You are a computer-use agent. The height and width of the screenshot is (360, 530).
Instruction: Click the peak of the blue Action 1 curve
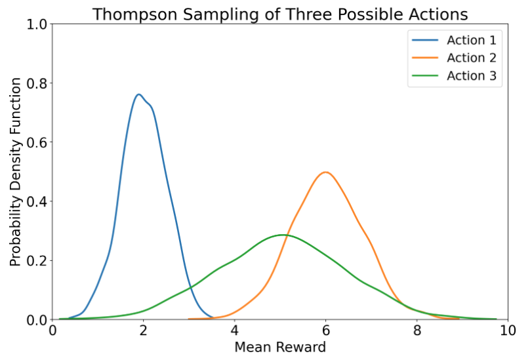tap(138, 94)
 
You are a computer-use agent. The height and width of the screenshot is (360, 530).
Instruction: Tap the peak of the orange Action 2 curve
tap(325, 172)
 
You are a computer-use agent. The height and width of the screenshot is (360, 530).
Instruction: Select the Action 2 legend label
tap(472, 58)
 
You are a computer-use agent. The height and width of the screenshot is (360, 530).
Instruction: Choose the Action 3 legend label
tap(472, 75)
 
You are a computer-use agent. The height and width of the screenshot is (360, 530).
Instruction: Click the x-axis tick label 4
tap(235, 330)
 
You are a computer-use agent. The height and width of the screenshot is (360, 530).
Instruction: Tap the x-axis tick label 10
tap(508, 330)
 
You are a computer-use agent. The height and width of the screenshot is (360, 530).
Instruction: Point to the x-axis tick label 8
tap(417, 330)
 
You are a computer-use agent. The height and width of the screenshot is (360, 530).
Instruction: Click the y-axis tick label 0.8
tap(37, 83)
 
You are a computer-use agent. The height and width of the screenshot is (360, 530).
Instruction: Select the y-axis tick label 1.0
tap(37, 24)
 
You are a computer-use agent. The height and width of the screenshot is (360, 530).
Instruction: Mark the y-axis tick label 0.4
tap(37, 201)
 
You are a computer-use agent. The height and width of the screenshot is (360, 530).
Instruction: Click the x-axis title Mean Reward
tap(280, 347)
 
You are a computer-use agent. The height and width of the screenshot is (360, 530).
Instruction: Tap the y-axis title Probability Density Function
tap(16, 172)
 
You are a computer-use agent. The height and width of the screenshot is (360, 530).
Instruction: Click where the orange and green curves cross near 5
tap(286, 235)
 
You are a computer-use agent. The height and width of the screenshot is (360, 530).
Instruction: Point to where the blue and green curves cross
tap(191, 288)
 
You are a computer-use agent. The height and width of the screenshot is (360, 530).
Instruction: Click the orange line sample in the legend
tap(425, 58)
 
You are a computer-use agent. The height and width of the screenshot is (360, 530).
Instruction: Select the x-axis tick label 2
tap(143, 330)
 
